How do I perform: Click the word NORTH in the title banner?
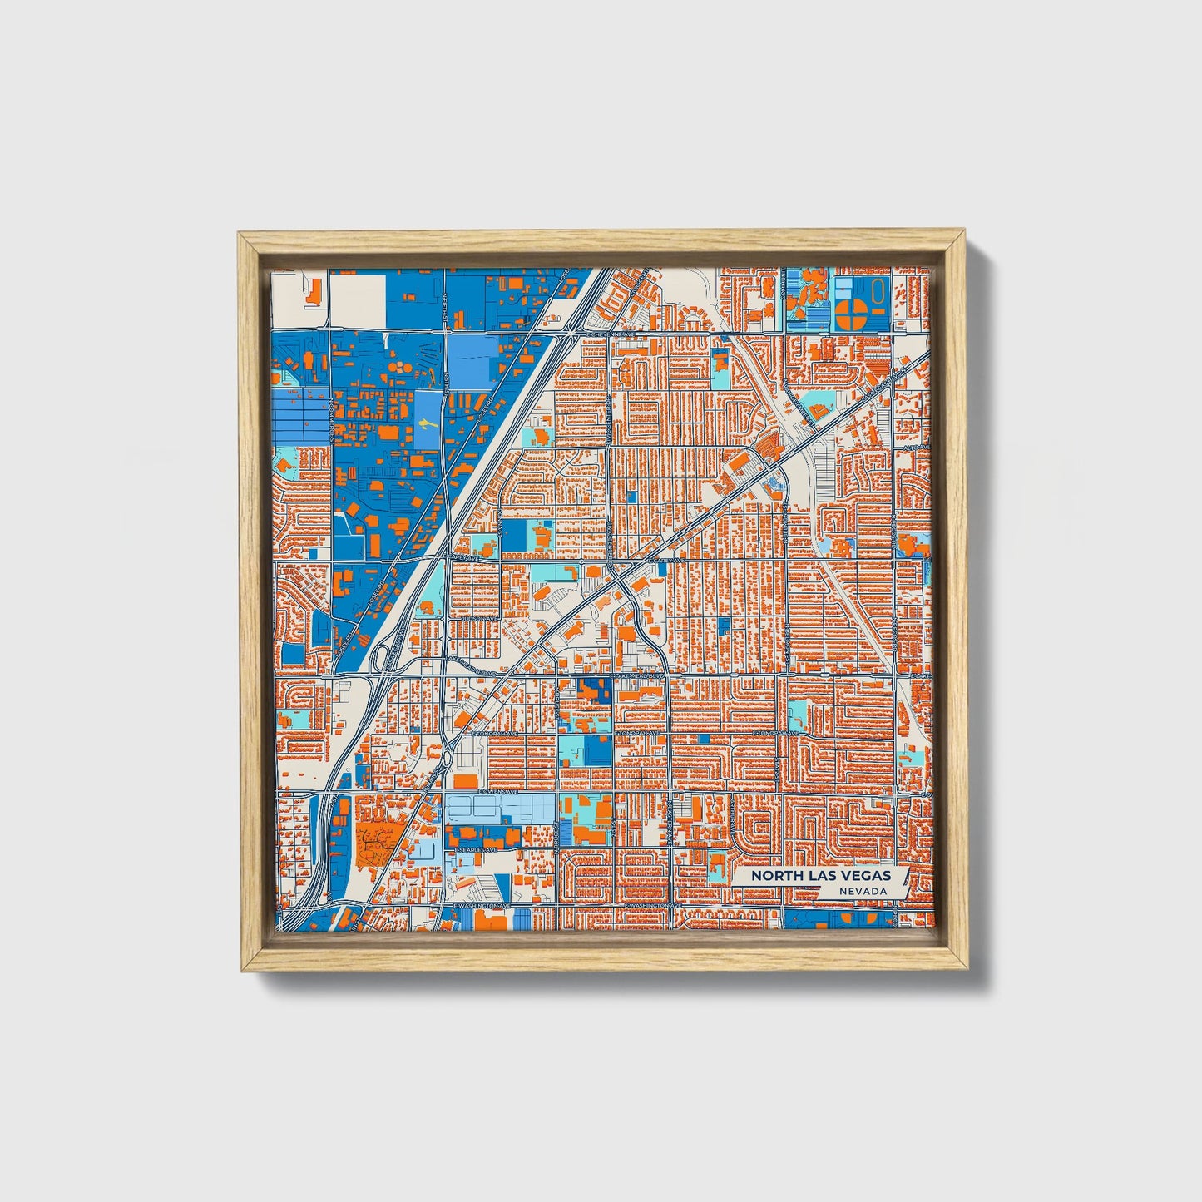pos(773,876)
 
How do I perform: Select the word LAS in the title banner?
pos(819,876)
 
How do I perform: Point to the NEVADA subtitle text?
pos(862,891)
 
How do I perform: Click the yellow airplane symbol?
pos(425,424)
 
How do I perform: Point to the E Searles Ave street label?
pos(477,850)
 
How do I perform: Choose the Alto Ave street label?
pos(915,448)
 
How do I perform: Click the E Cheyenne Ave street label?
pos(611,334)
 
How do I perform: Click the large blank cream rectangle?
pos(358,299)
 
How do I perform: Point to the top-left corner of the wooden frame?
pos(239,234)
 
